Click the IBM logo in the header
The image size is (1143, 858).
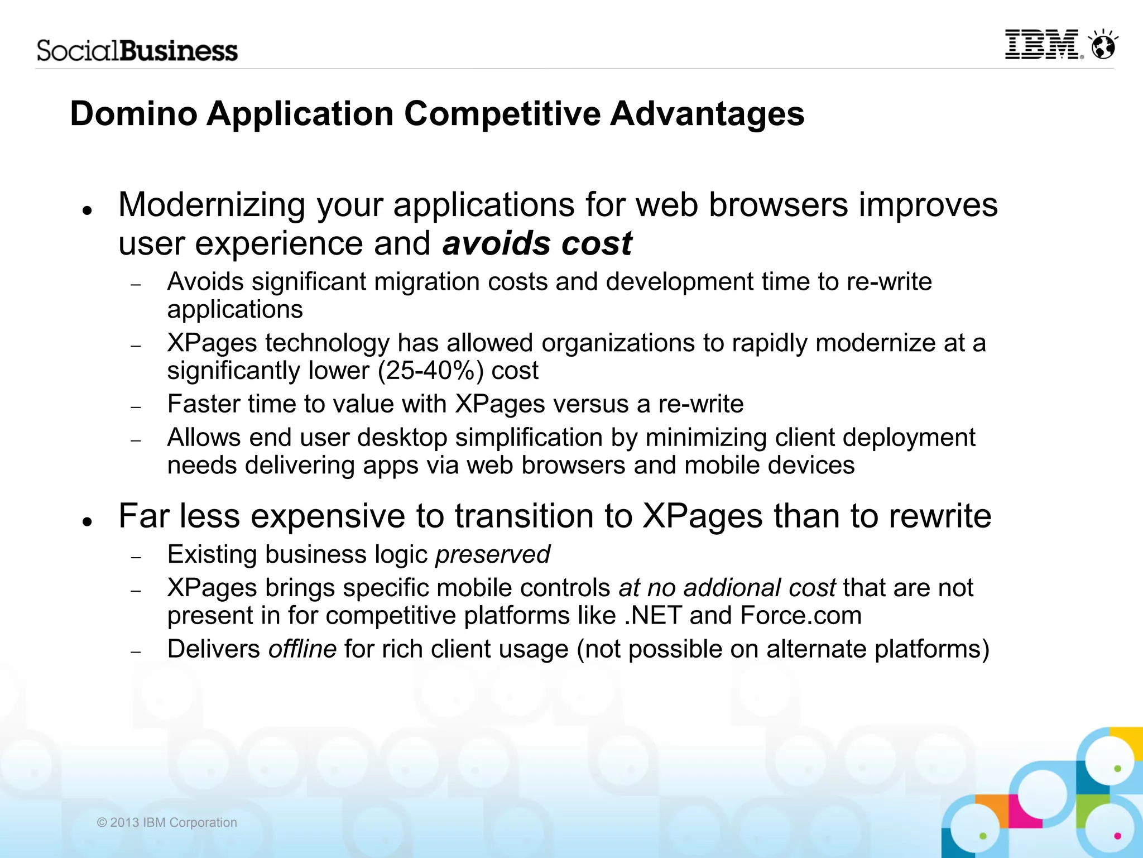pos(1043,45)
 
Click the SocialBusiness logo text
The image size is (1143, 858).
pos(137,51)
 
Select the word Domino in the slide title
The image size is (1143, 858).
pos(134,114)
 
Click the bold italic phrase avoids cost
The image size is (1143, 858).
pos(537,244)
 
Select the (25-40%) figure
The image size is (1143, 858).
pos(430,371)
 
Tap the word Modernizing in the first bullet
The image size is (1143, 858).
pos(212,205)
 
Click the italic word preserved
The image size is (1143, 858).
pos(493,554)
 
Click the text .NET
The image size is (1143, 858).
pos(652,616)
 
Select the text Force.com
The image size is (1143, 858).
pos(801,616)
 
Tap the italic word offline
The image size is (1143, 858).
pos(302,649)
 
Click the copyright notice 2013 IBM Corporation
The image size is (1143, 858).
pos(167,822)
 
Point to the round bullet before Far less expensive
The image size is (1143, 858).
pos(86,522)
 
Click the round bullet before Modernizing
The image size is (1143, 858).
pos(86,211)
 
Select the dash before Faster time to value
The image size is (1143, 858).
pos(136,408)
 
